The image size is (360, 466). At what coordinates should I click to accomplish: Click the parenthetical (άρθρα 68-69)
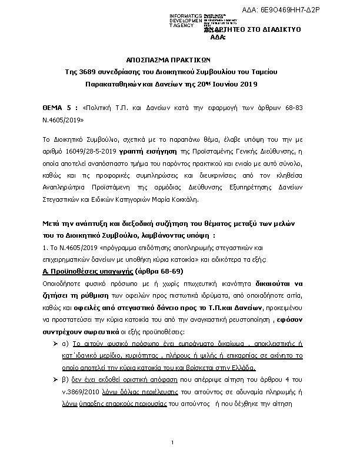tap(159, 271)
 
